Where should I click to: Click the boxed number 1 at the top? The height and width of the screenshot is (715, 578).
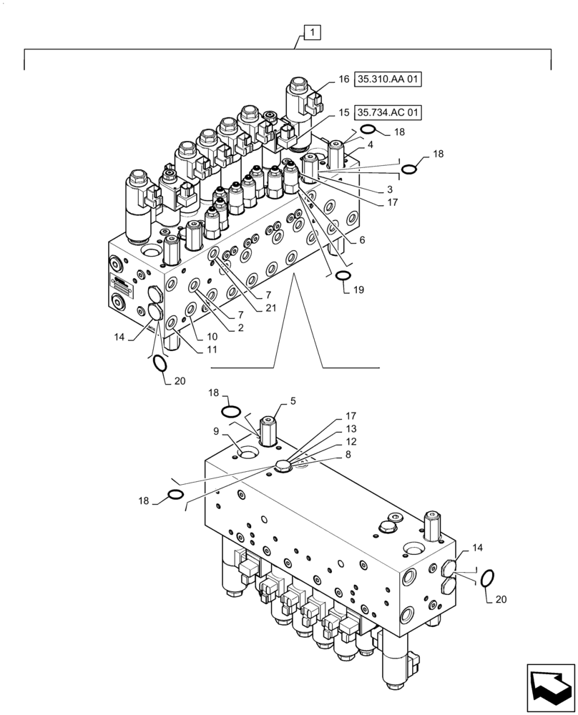tap(313, 32)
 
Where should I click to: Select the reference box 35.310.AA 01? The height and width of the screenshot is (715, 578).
tap(387, 80)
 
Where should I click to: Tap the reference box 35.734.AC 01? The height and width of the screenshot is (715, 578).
tap(388, 113)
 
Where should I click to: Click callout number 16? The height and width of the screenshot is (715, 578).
tap(343, 80)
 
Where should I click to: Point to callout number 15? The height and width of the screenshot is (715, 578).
tap(343, 113)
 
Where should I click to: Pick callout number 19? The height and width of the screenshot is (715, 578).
tap(358, 290)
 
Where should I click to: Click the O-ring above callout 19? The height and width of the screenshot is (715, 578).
tap(343, 277)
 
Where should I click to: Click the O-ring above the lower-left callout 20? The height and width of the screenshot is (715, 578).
tap(161, 363)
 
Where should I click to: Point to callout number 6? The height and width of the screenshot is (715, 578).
tap(362, 241)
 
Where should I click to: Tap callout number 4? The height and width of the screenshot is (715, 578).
tap(370, 144)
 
